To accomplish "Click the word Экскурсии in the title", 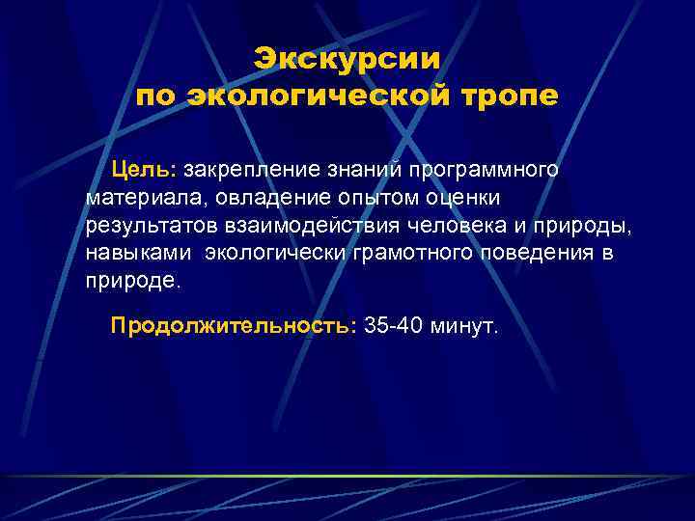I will [x=347, y=58].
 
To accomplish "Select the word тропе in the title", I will [x=507, y=97].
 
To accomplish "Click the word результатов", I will [x=142, y=227].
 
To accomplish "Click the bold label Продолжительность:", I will [x=234, y=326].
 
